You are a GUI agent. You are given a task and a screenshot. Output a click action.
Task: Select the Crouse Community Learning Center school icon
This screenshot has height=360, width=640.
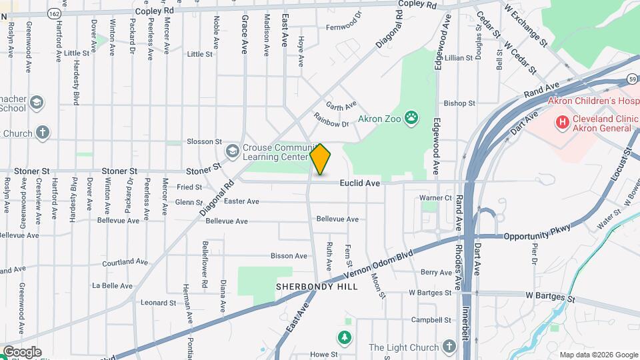click(x=233, y=151)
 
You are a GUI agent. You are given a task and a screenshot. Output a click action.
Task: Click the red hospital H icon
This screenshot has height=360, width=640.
click(x=563, y=122)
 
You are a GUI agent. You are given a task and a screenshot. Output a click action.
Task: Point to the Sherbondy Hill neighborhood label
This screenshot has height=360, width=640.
click(x=317, y=287)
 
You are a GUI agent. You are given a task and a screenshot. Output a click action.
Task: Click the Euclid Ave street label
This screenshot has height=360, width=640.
click(x=359, y=183)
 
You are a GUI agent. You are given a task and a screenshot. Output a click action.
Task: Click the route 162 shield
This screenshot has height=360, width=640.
click(x=55, y=13)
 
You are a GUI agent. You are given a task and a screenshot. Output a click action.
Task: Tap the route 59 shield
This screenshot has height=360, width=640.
click(x=631, y=80)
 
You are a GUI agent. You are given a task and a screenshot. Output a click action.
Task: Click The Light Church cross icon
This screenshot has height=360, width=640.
click(x=449, y=347)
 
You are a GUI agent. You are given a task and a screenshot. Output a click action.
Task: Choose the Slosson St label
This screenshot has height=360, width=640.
click(x=204, y=141)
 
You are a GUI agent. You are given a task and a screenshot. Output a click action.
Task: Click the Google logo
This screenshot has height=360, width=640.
click(x=22, y=351)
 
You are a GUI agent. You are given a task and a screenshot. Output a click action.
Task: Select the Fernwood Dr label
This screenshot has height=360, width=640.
click(x=343, y=28)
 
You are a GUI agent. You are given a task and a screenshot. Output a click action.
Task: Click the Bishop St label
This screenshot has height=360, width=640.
click(x=459, y=103)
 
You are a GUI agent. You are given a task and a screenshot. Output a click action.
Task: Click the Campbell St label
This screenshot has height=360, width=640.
click(x=427, y=319)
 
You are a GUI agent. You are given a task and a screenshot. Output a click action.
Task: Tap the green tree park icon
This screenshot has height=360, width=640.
click(x=345, y=338)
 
